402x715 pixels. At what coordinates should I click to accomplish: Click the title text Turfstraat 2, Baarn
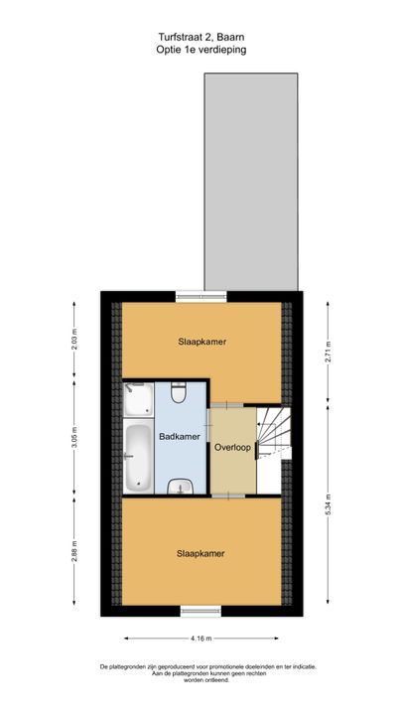click(x=201, y=37)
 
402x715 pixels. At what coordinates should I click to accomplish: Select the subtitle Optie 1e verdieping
click(x=201, y=50)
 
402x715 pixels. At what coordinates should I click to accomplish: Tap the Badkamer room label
click(x=180, y=436)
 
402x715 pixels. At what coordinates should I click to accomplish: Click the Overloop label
click(x=232, y=447)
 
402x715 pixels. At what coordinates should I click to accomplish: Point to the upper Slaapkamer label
click(x=202, y=342)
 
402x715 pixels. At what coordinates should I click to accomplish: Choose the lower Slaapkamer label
click(x=201, y=553)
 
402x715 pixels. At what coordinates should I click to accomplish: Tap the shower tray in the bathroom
click(x=138, y=399)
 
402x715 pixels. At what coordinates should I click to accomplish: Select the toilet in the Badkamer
click(x=179, y=392)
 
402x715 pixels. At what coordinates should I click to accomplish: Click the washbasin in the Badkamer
click(x=180, y=487)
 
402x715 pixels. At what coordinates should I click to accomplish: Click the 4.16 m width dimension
click(x=201, y=639)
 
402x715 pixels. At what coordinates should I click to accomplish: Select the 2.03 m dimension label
click(x=74, y=342)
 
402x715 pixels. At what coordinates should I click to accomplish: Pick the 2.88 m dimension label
click(x=74, y=551)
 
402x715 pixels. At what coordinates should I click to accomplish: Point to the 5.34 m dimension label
click(x=328, y=504)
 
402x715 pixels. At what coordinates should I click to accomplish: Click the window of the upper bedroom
click(x=201, y=296)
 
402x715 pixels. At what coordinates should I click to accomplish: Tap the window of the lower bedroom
click(x=201, y=611)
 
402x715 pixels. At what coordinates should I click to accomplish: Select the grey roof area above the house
click(x=251, y=182)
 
